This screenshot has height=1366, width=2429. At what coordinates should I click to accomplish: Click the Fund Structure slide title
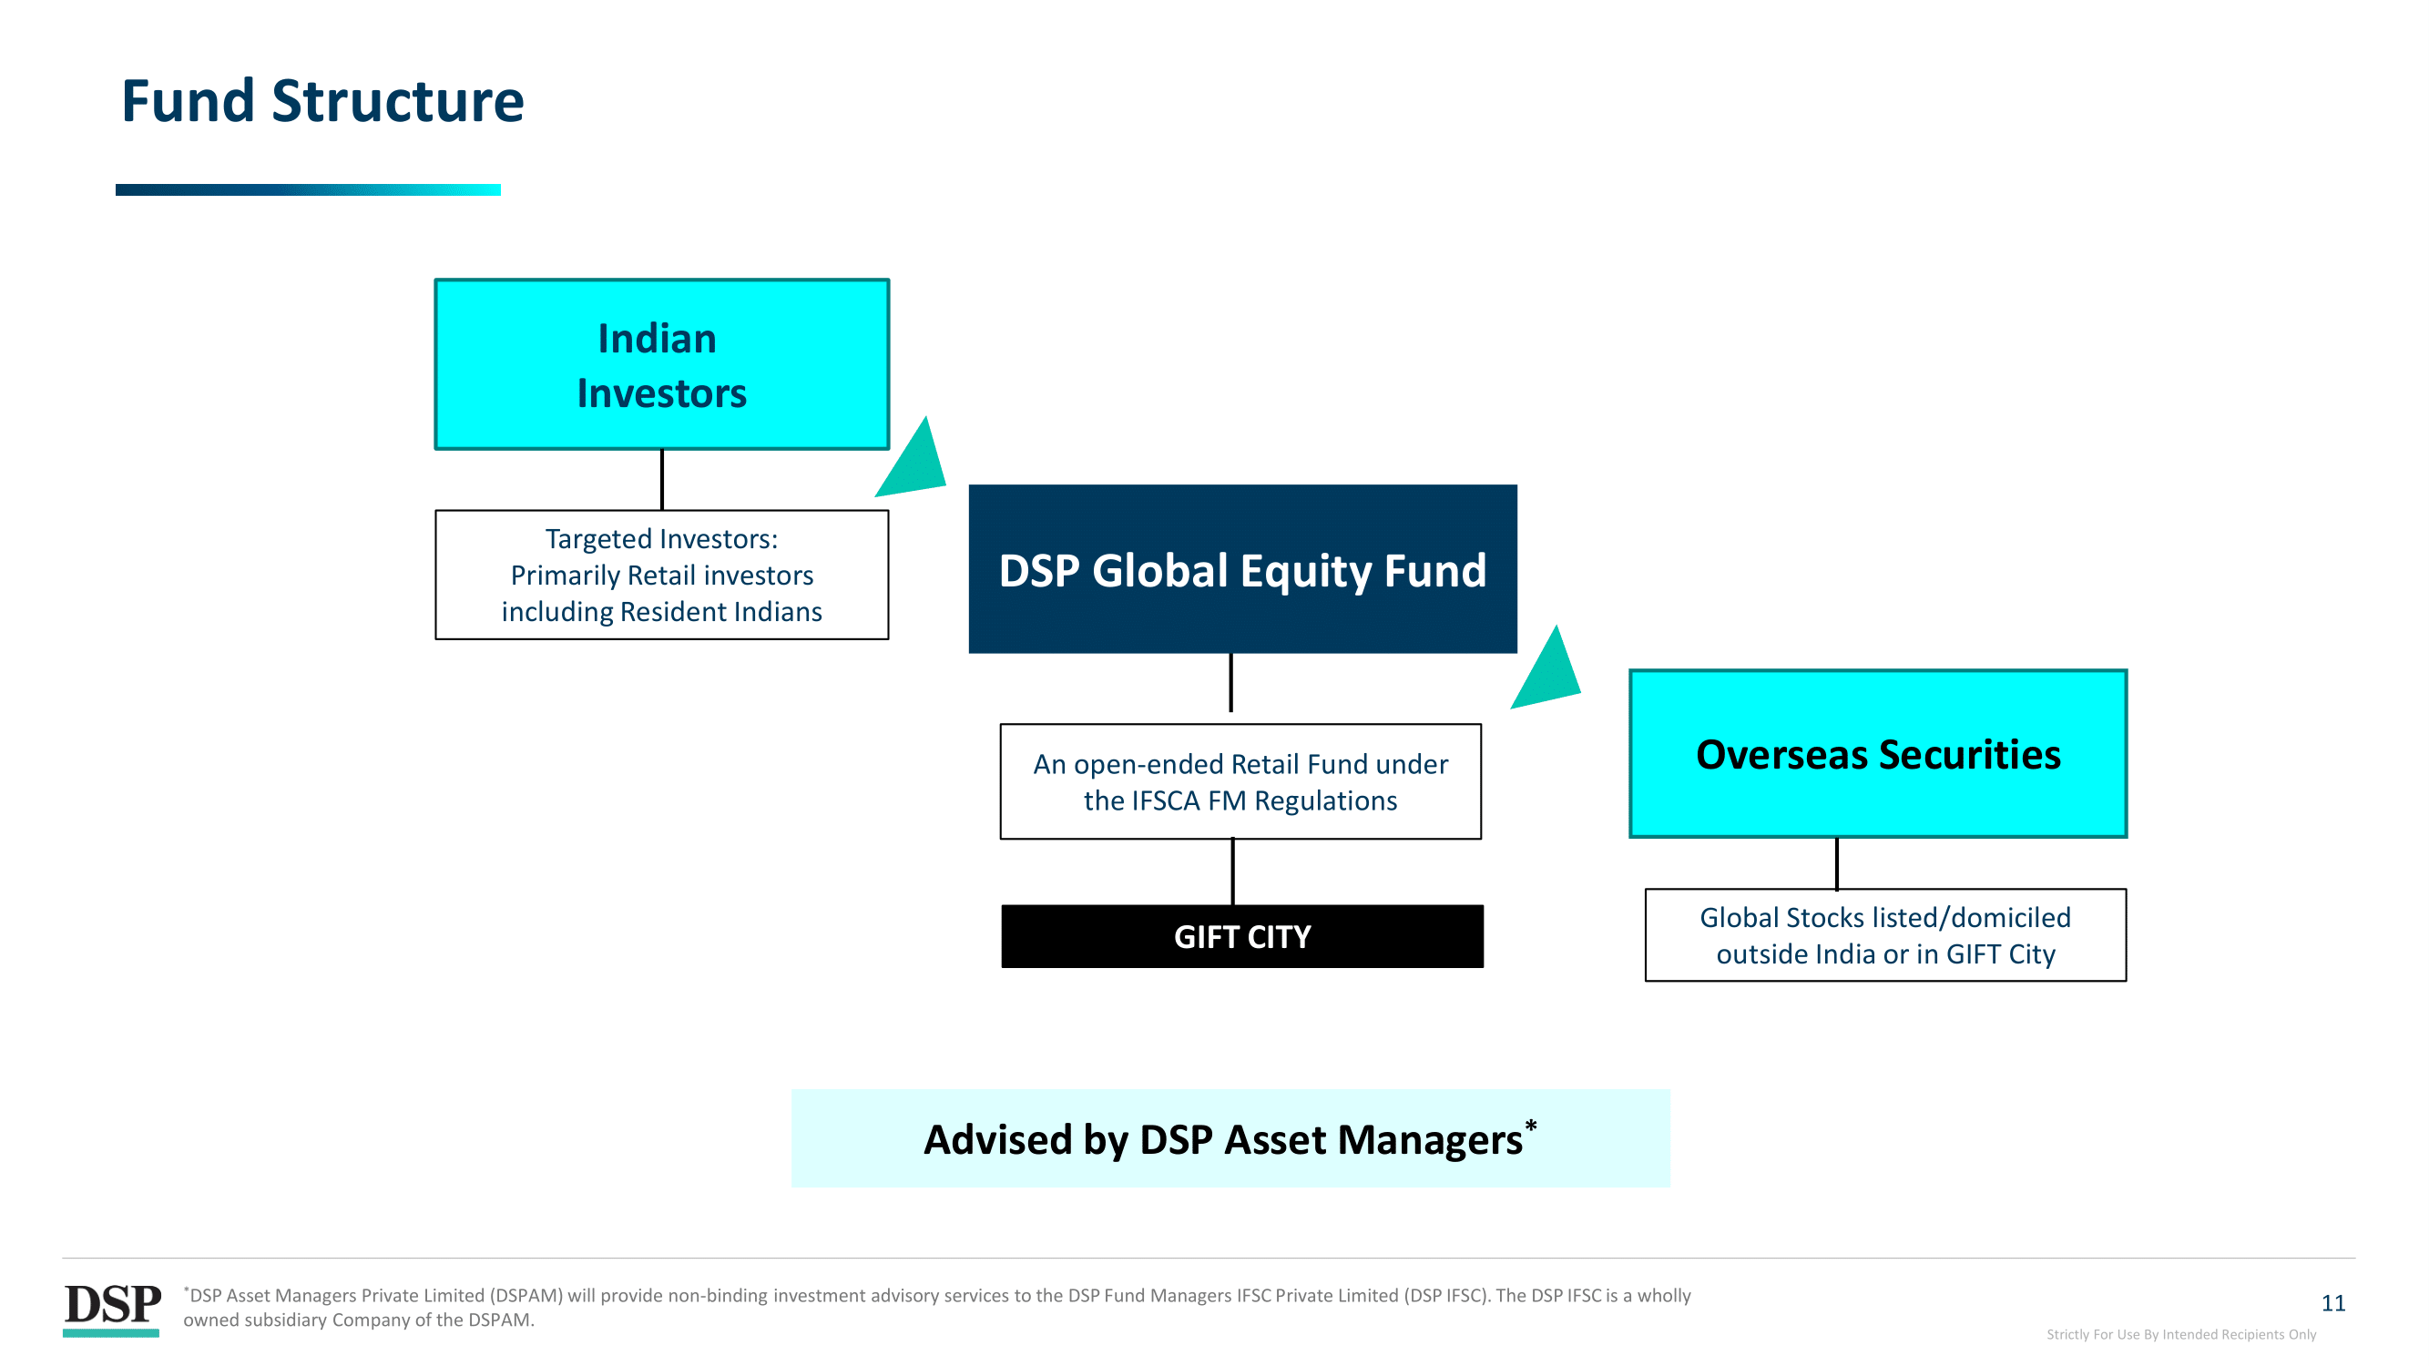tap(322, 101)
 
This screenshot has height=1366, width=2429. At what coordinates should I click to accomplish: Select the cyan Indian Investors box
tap(662, 364)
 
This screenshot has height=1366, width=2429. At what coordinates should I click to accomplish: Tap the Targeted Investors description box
tap(662, 575)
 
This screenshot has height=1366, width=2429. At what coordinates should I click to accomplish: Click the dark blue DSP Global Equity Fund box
tap(1243, 569)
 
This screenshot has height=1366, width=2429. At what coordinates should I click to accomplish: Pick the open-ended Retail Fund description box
tap(1240, 781)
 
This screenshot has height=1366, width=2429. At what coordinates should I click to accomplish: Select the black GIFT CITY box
tap(1243, 936)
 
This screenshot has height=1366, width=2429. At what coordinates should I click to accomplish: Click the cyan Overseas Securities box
tap(1878, 754)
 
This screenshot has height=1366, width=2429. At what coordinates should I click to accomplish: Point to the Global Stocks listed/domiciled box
tap(1886, 935)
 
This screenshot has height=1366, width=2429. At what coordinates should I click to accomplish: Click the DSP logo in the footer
tap(112, 1309)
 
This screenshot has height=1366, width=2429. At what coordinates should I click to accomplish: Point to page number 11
tap(2332, 1303)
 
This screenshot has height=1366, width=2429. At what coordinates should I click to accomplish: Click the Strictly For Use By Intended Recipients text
tap(2181, 1334)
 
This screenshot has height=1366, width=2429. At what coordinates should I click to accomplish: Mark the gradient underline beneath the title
tap(309, 189)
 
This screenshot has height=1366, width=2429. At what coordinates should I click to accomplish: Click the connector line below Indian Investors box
tap(662, 480)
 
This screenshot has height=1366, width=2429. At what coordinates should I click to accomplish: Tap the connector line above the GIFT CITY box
tap(1232, 872)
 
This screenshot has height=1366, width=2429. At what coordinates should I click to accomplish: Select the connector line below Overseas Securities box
tap(1837, 863)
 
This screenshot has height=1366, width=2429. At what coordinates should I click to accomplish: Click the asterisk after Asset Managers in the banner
tap(1531, 1126)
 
